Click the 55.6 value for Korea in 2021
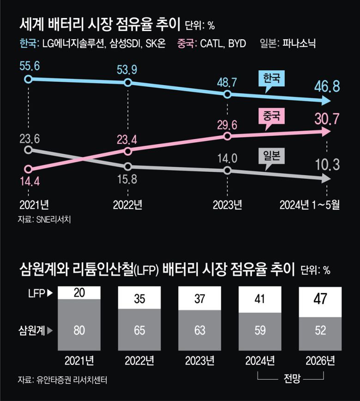click(x=30, y=66)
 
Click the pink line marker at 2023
click(x=227, y=136)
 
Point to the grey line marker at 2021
click(x=29, y=150)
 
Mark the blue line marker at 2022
click(x=128, y=83)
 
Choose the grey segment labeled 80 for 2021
click(x=79, y=330)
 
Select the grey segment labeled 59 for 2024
click(x=260, y=330)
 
